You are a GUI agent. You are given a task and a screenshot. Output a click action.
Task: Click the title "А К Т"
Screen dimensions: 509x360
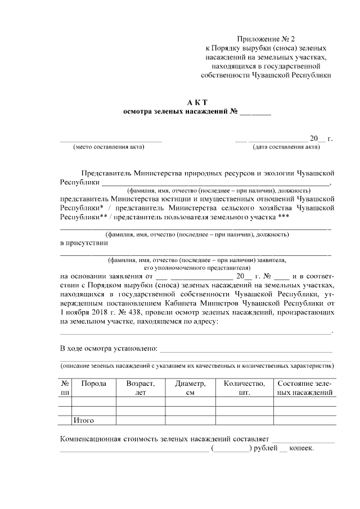(x=197, y=101)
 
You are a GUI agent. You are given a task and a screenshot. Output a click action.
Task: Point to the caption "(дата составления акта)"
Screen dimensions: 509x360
(x=286, y=147)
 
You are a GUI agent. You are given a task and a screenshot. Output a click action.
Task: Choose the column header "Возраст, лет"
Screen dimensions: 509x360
(x=140, y=388)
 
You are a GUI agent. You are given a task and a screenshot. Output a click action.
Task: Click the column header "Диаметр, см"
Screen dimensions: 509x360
(x=190, y=388)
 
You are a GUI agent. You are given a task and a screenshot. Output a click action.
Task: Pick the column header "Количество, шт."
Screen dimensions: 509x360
(x=244, y=388)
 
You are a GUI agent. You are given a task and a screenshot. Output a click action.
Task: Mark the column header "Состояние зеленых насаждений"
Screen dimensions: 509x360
(x=305, y=388)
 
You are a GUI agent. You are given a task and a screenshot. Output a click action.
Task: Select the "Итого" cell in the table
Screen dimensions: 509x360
(x=84, y=420)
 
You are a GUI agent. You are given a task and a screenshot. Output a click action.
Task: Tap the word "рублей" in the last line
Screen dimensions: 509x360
(x=265, y=448)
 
